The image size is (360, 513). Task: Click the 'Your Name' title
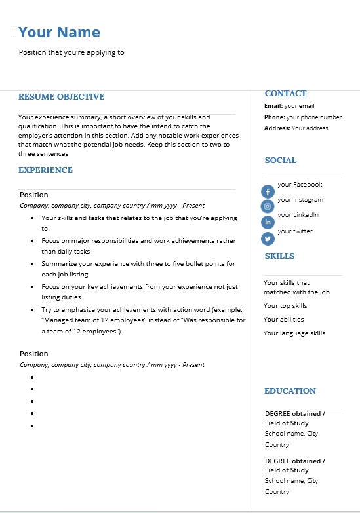(x=59, y=32)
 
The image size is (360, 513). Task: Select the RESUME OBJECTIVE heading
(x=61, y=97)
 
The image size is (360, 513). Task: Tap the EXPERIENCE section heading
(x=45, y=170)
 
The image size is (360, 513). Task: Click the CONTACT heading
(x=285, y=94)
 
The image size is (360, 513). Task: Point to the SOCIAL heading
(x=281, y=161)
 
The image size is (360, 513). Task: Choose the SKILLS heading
(x=279, y=256)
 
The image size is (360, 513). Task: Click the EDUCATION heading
(x=290, y=391)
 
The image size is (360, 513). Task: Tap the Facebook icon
(x=268, y=191)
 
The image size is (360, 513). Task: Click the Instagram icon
(x=268, y=206)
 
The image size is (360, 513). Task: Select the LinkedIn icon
(x=268, y=222)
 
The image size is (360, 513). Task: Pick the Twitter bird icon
(x=268, y=238)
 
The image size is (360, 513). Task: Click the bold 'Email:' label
(x=273, y=106)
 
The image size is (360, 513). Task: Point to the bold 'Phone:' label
(x=275, y=117)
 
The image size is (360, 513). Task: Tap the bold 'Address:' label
(x=277, y=128)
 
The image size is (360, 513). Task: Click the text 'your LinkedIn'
(x=298, y=215)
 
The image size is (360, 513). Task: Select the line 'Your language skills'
(x=294, y=333)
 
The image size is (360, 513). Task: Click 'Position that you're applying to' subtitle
(x=71, y=53)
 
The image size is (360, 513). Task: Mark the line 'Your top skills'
(x=285, y=306)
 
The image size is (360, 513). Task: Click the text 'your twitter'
(x=295, y=231)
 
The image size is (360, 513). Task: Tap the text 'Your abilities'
(x=283, y=320)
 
